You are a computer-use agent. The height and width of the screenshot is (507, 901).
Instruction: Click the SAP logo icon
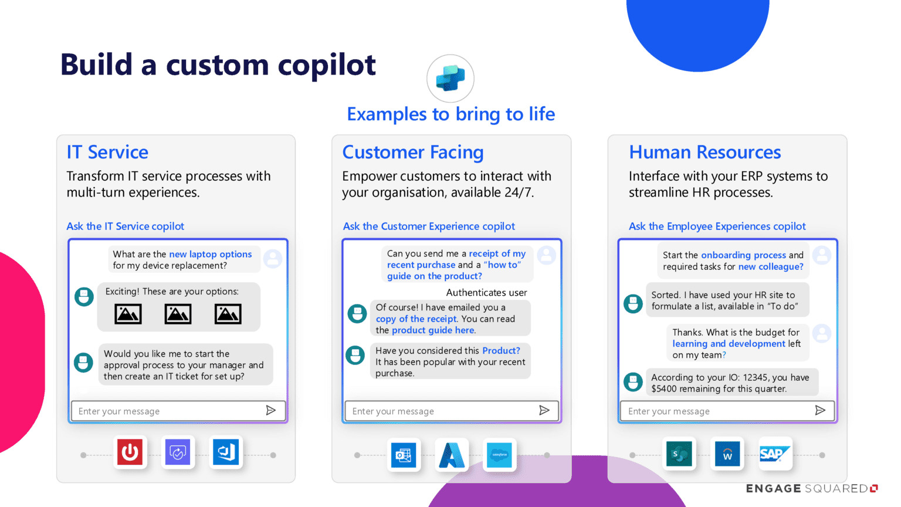[775, 454]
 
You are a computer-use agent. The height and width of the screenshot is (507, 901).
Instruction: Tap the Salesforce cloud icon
[499, 455]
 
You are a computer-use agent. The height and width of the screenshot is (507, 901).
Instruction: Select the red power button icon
[130, 452]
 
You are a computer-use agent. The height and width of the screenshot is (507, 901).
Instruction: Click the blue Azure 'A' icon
[452, 455]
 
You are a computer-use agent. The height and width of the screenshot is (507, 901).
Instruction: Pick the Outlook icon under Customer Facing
[404, 455]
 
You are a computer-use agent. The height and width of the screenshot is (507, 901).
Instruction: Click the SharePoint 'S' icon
[679, 454]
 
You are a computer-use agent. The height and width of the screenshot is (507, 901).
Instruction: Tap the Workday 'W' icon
[727, 454]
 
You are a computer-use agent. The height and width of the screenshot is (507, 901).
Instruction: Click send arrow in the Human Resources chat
[820, 410]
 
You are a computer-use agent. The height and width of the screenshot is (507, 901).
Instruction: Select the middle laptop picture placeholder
[178, 314]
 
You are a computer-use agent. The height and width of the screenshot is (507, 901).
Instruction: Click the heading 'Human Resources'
[704, 152]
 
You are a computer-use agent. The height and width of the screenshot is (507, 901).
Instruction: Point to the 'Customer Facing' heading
[412, 152]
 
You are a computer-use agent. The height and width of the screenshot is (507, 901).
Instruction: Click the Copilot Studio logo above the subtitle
[450, 79]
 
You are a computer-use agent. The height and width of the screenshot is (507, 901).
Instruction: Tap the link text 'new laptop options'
[210, 254]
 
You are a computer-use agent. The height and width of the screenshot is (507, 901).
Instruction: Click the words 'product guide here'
[433, 330]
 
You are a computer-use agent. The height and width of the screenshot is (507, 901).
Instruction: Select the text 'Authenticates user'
[486, 292]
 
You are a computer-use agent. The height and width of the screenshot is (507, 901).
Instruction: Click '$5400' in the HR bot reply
[663, 388]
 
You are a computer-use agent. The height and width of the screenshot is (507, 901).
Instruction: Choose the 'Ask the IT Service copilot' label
[125, 226]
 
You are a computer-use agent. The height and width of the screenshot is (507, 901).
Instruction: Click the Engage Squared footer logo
[811, 488]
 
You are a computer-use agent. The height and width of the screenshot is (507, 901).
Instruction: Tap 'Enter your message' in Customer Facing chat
[393, 411]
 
